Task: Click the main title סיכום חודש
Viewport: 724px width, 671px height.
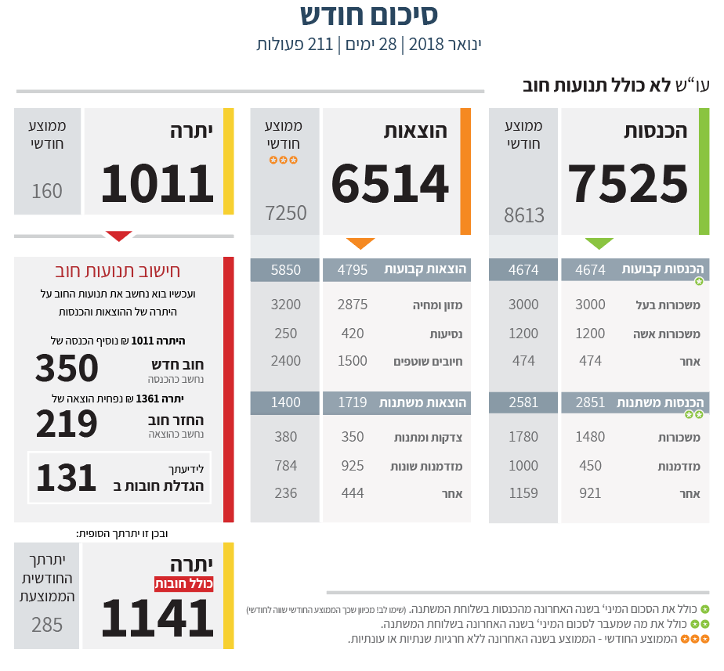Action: (369, 15)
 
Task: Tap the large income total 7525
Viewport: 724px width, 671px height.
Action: (628, 183)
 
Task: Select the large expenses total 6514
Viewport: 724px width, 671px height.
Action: (390, 183)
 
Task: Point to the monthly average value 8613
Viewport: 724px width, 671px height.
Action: (524, 215)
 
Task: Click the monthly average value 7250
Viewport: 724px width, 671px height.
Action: (286, 213)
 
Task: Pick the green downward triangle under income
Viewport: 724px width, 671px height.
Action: (600, 244)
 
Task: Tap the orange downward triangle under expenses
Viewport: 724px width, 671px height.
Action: (360, 244)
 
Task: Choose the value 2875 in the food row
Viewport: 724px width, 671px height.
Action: (353, 305)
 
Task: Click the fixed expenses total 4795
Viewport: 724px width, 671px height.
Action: (353, 270)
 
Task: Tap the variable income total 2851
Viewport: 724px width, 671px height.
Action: (590, 402)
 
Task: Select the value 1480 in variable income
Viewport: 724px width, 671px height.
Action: (590, 437)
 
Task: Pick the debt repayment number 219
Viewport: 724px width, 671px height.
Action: (67, 424)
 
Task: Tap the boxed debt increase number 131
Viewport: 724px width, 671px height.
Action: (67, 478)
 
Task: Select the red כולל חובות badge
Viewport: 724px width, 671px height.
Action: (183, 584)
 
